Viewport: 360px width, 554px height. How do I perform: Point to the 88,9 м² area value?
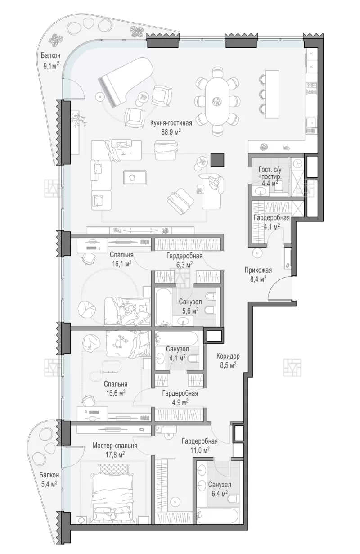pyautogui.click(x=171, y=131)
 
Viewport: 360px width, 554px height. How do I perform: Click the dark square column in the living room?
pyautogui.click(x=217, y=160)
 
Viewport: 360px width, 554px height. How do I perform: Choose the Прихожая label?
pyautogui.click(x=258, y=270)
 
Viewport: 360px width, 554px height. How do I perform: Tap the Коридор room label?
pyautogui.click(x=228, y=356)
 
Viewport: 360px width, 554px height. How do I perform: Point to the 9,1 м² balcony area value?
pyautogui.click(x=51, y=66)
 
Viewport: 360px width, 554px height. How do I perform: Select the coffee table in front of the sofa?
pyautogui.click(x=135, y=177)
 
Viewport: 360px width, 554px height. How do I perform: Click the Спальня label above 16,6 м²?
pyautogui.click(x=116, y=384)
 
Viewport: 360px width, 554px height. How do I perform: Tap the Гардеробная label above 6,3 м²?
pyautogui.click(x=184, y=256)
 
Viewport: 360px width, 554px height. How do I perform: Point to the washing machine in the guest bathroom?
pyautogui.click(x=298, y=164)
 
